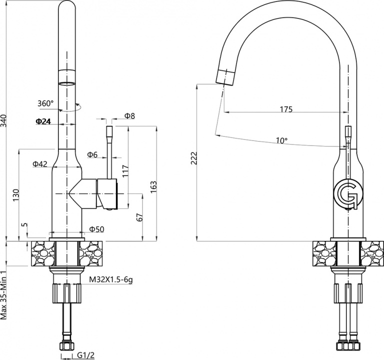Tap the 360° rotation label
tap(45, 103)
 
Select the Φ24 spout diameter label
tap(43, 121)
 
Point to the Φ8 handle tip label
tap(130, 116)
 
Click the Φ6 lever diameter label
tap(92, 154)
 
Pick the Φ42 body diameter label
tap(40, 164)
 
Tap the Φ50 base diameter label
tap(96, 229)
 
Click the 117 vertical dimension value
tap(125, 171)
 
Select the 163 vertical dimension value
tap(153, 187)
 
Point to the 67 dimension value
tap(139, 217)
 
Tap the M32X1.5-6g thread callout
tap(110, 279)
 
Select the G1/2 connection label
tap(85, 355)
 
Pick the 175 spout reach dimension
tap(286, 109)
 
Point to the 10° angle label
tap(281, 140)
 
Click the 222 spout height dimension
tap(193, 158)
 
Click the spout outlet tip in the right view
tap(224, 84)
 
